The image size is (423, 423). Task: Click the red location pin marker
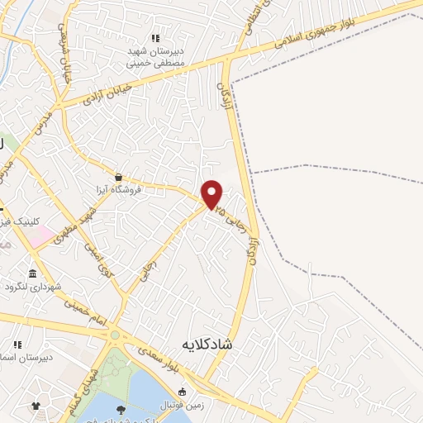click(212, 193)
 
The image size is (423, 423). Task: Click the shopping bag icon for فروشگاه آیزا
click(120, 176)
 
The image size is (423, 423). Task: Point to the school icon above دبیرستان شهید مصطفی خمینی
click(154, 38)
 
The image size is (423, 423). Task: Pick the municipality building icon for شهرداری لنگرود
click(32, 273)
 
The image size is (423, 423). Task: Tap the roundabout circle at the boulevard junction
click(115, 335)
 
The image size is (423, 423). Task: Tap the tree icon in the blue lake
click(121, 410)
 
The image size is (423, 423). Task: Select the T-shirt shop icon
click(36, 406)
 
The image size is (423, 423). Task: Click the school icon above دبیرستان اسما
click(16, 345)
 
